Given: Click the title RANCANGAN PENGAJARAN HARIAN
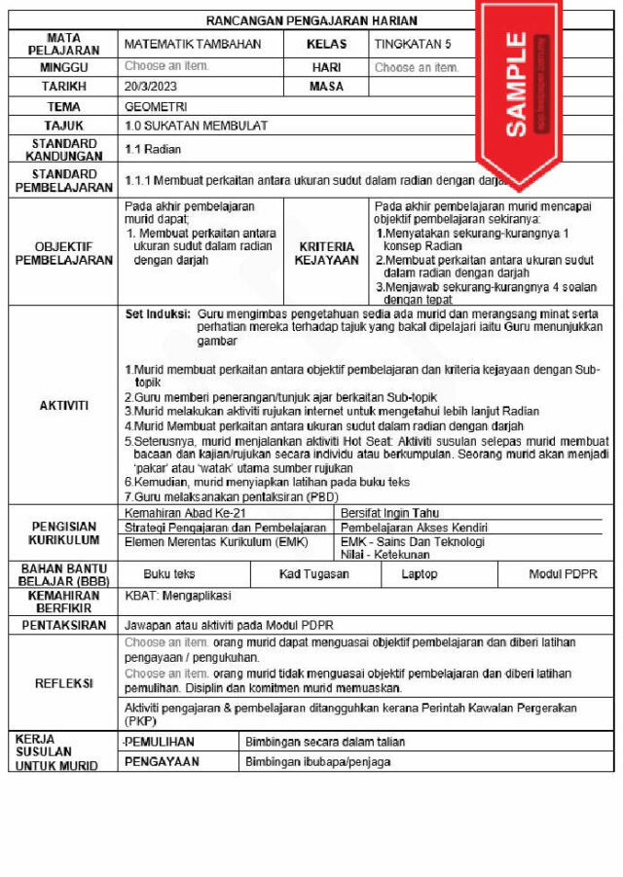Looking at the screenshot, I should [x=311, y=20].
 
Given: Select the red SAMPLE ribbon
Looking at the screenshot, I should [x=516, y=88].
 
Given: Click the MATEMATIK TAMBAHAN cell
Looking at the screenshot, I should [x=193, y=44].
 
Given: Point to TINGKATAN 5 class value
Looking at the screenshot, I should [x=413, y=44].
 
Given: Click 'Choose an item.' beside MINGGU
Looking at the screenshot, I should [x=166, y=66].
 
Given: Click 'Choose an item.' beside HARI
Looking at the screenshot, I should [x=417, y=67].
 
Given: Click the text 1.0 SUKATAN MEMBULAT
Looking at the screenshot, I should [x=196, y=127].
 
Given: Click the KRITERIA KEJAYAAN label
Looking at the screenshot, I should [x=326, y=254].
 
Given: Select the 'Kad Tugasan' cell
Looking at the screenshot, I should [x=313, y=574].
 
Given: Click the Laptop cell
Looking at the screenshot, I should [x=420, y=574].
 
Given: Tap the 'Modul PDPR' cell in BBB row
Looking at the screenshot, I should [x=563, y=574].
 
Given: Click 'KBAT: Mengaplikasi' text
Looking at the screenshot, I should [x=178, y=596].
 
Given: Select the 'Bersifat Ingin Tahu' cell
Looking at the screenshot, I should [x=390, y=512].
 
